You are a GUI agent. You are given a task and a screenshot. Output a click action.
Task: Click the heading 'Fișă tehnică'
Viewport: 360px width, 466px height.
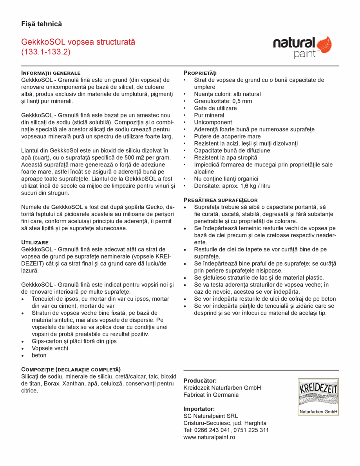[x=42, y=24]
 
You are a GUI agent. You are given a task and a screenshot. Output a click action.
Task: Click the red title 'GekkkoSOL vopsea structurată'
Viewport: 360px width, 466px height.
[x=78, y=42]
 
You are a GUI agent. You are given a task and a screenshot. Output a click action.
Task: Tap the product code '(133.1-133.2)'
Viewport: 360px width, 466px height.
[x=46, y=52]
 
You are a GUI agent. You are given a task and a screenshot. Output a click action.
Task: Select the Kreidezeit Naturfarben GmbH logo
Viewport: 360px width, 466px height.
[x=318, y=397]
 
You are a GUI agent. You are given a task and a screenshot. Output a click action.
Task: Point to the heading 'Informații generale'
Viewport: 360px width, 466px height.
[x=51, y=73]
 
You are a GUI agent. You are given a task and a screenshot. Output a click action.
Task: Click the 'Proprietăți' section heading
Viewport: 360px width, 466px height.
[x=200, y=73]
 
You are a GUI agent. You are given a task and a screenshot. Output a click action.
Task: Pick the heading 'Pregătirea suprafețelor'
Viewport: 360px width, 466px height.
[x=221, y=200]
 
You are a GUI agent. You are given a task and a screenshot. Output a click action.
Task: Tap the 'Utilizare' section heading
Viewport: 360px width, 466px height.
[x=35, y=242]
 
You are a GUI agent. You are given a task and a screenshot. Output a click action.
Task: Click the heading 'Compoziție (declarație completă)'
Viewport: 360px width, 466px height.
[x=71, y=369]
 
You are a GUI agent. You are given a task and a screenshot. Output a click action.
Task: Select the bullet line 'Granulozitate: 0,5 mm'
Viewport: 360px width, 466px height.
[x=223, y=101]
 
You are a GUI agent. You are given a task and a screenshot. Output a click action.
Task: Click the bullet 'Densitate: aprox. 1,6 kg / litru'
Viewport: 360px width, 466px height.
[x=232, y=186]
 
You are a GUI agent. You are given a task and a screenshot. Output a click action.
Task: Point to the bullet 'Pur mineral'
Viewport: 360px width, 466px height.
[x=209, y=115]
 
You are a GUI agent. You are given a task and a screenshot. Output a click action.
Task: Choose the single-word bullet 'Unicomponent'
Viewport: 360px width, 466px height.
[x=213, y=122]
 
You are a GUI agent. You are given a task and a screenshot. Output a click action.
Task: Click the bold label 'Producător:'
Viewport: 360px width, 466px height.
[x=200, y=381]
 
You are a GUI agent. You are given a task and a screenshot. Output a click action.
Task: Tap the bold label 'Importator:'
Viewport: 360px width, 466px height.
[x=199, y=409]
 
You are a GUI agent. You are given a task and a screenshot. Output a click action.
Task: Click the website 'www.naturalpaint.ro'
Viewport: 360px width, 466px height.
[x=209, y=437]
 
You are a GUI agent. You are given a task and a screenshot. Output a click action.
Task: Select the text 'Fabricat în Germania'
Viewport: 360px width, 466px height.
[x=211, y=395]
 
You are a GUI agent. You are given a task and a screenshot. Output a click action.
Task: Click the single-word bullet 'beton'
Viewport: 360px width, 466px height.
[x=39, y=355]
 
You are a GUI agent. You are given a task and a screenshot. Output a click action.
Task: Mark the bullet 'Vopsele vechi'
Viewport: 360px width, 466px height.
[x=50, y=348]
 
